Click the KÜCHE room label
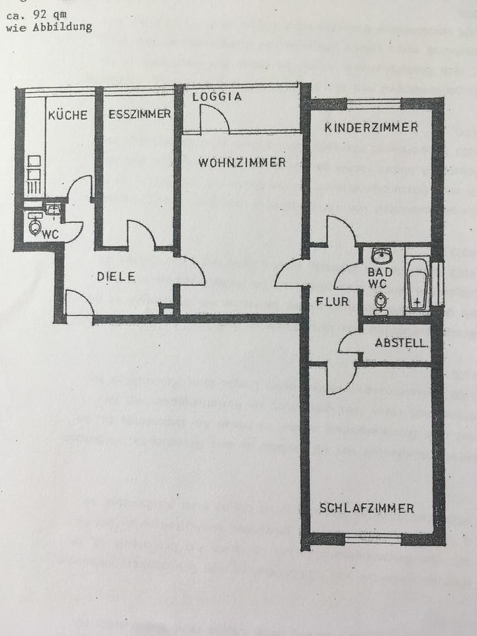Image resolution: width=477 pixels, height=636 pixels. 68,115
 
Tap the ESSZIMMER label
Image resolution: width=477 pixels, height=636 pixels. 139,114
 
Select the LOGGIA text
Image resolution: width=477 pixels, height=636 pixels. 217,97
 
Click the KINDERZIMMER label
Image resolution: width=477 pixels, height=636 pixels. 371,127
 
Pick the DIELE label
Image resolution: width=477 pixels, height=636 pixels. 116,277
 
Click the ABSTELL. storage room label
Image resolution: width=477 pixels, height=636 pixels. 401,343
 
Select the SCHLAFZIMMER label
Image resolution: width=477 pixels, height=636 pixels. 366,509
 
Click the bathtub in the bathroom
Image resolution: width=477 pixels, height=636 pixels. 417,284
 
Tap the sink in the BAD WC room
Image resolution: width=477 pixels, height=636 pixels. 381,256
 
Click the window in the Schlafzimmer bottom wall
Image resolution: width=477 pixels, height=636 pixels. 373,539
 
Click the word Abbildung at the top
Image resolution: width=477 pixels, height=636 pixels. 68,28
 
